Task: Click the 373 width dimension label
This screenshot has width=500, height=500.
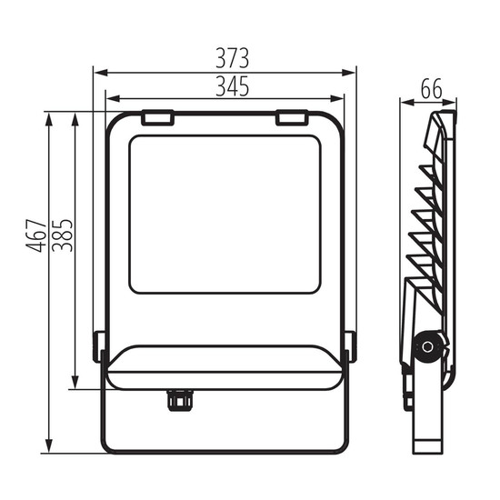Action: (232, 58)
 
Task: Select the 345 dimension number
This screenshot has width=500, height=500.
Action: (232, 86)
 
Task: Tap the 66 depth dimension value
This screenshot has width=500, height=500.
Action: (431, 89)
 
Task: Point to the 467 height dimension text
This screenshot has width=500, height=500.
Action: (36, 235)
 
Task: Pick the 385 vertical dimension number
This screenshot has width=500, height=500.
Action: (63, 235)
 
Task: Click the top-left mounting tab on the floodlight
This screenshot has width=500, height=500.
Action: (157, 117)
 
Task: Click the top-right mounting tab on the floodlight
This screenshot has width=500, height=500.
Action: (292, 117)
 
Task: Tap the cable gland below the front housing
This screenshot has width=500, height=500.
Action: (180, 400)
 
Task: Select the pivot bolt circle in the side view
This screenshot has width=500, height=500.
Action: (427, 347)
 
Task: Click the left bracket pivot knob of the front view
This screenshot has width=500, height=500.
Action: (98, 346)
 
